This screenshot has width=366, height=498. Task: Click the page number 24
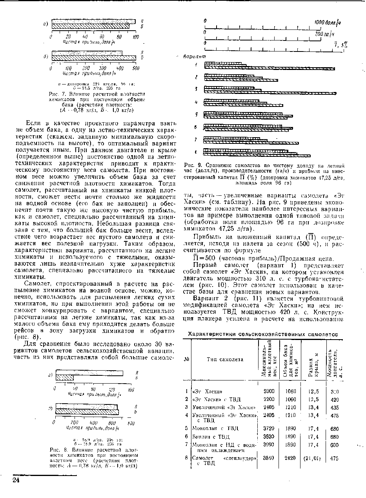15,481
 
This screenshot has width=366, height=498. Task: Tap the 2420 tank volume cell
290,458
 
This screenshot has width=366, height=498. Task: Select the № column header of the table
186,359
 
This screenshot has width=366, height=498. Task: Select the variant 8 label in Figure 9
196,152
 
